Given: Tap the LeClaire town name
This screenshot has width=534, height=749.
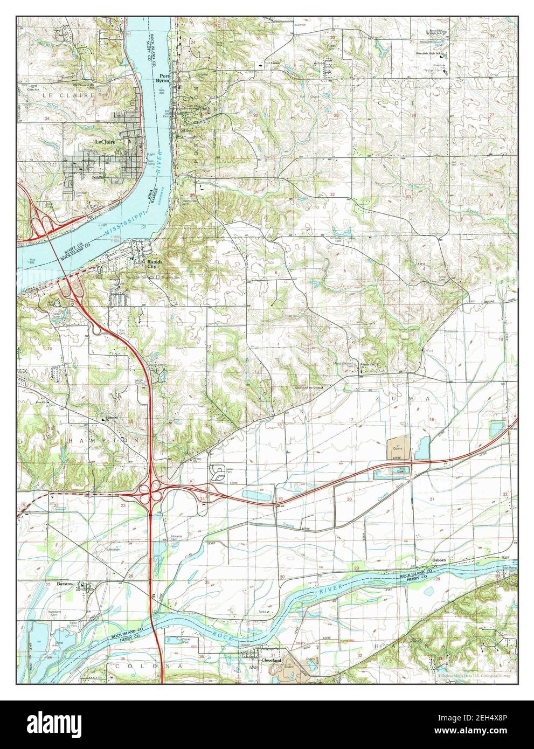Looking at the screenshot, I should tap(107, 142).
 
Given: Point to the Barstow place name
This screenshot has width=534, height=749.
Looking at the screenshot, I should tap(67, 584).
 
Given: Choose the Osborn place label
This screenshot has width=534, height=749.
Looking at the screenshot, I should tap(440, 560).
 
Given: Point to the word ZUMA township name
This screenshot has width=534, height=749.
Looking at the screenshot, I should tap(412, 399).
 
